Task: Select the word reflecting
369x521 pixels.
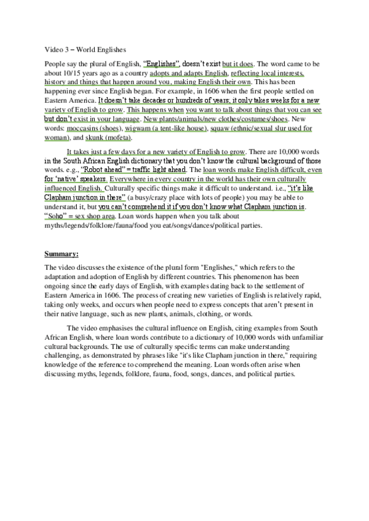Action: (235, 72)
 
